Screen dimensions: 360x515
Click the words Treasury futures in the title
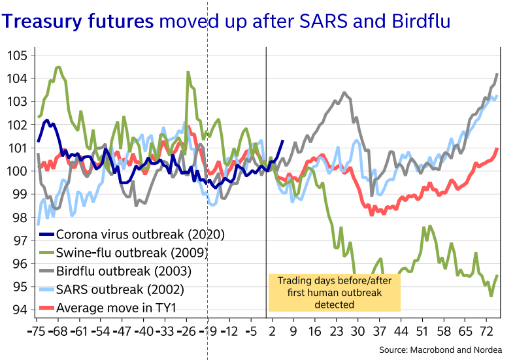tap(78, 24)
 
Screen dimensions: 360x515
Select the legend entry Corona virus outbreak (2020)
tap(141, 234)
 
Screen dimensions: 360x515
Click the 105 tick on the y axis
tap(18, 56)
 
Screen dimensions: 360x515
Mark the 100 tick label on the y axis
tap(18, 171)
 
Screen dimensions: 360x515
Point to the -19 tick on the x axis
tap(207, 331)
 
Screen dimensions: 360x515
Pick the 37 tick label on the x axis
tap(378, 331)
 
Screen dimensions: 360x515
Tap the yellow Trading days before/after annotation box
tap(334, 291)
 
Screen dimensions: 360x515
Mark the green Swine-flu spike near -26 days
tap(188, 73)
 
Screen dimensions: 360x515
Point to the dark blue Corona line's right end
tap(282, 140)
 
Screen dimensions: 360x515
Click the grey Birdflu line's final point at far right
tap(498, 74)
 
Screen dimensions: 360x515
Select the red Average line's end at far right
tap(498, 148)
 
